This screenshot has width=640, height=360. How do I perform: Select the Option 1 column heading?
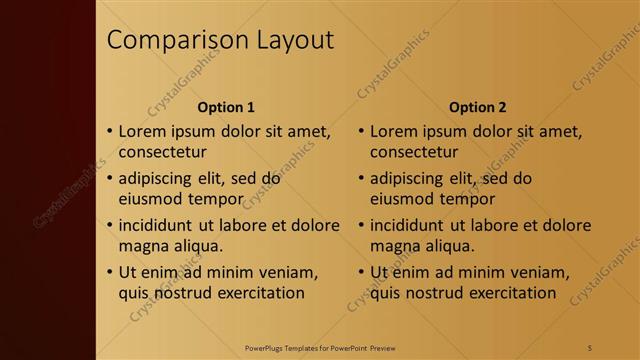tap(226, 107)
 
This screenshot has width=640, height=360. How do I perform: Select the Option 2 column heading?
tap(477, 107)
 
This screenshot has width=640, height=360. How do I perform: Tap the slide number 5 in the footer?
tap(589, 347)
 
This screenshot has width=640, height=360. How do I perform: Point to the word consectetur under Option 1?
tap(163, 153)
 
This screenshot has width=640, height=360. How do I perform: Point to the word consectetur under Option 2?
tap(414, 153)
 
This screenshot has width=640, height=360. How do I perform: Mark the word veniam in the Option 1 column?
tap(287, 272)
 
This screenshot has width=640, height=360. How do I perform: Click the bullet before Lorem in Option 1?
tap(110, 132)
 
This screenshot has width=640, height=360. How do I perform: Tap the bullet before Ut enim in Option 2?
tap(361, 272)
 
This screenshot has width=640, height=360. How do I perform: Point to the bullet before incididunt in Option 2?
tap(361, 225)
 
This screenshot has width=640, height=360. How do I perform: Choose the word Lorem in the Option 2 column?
tap(394, 131)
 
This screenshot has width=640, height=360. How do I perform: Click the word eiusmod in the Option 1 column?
tap(150, 199)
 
